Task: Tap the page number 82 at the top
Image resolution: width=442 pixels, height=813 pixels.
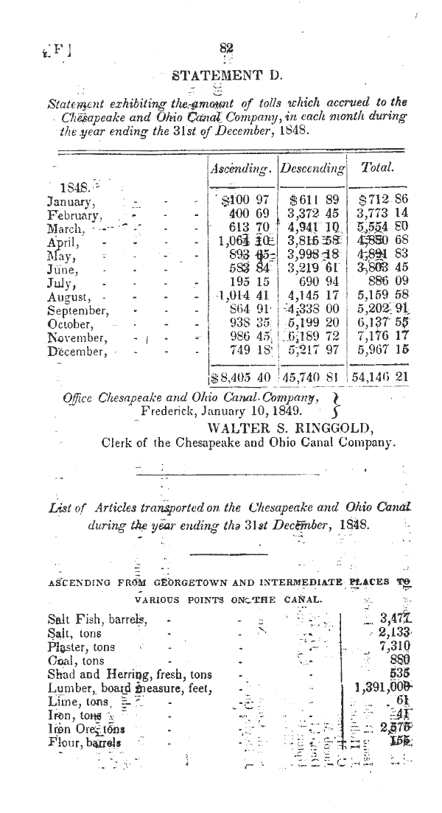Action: coord(226,46)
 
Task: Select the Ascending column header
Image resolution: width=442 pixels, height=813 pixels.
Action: coord(241,168)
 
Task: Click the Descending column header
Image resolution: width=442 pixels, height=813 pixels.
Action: coord(312,169)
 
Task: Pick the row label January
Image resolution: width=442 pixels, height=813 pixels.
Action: coord(70,200)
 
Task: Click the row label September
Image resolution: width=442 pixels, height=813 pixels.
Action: coord(79,310)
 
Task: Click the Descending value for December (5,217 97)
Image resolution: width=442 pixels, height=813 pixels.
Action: coord(312,351)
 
